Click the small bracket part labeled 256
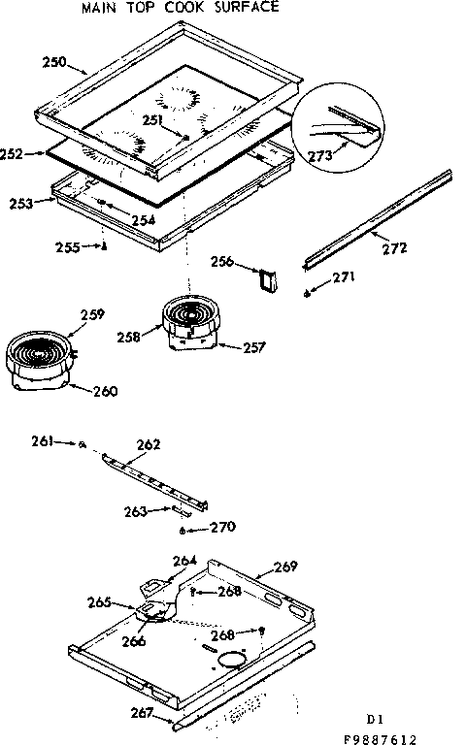[x=267, y=279]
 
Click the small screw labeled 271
[x=308, y=293]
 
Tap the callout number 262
[x=149, y=445]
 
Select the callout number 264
[x=185, y=560]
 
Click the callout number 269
[x=285, y=567]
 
